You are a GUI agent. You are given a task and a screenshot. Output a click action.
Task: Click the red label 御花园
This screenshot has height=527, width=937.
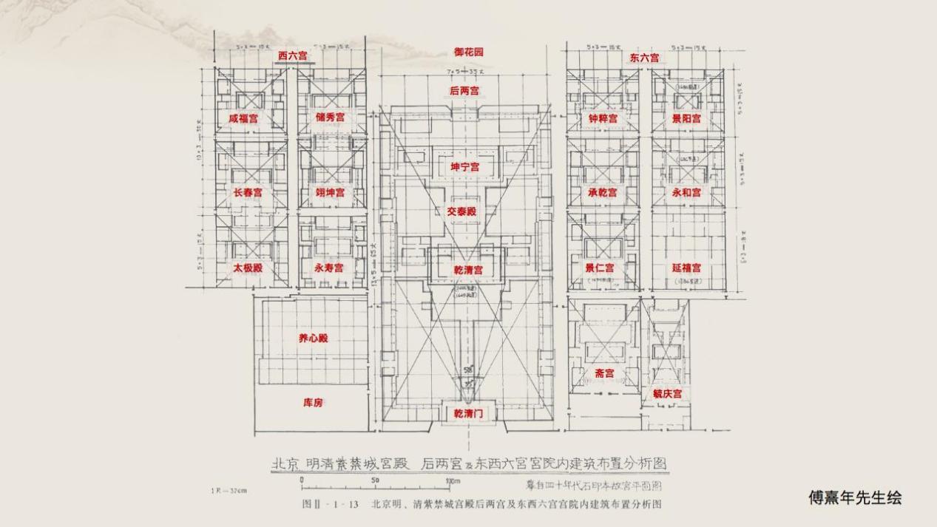point(468,52)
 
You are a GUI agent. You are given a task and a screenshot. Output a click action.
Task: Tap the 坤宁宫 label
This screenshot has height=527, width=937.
point(465,167)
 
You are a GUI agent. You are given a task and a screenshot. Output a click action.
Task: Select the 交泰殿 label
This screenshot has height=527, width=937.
point(461,211)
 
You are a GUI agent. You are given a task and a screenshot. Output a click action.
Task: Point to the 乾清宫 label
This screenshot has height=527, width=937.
point(467,270)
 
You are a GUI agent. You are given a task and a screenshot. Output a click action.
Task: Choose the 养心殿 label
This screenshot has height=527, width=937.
point(313,339)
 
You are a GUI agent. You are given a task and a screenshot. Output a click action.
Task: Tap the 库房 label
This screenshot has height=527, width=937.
point(313,403)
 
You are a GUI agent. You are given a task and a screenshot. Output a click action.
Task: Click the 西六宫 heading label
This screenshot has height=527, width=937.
point(293,55)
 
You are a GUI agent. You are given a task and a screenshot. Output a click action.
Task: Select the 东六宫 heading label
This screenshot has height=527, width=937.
point(645,58)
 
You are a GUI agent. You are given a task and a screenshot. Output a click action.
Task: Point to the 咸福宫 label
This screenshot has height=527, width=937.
point(243,118)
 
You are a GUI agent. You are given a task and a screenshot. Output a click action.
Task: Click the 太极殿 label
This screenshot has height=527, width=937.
point(248,268)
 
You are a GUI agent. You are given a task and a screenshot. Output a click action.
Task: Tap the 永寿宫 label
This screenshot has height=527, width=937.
point(328,268)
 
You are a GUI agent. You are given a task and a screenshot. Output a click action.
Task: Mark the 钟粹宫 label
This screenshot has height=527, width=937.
point(603,118)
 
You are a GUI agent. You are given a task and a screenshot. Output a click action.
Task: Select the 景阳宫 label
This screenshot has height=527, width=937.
point(686,118)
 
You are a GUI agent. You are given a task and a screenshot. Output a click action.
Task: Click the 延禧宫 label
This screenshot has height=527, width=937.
point(686,268)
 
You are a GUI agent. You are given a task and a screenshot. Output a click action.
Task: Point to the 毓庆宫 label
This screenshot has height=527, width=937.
point(667,394)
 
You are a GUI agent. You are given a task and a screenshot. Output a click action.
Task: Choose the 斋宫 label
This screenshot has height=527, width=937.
point(604,373)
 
